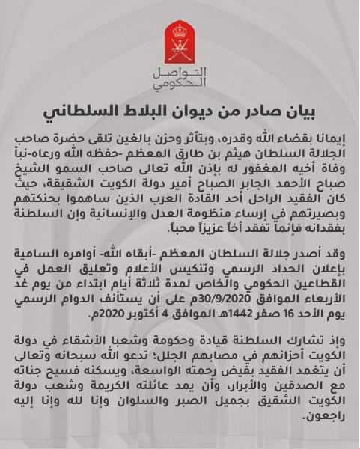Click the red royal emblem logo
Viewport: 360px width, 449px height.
(180, 43)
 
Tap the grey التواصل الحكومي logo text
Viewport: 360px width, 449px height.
(180, 78)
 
